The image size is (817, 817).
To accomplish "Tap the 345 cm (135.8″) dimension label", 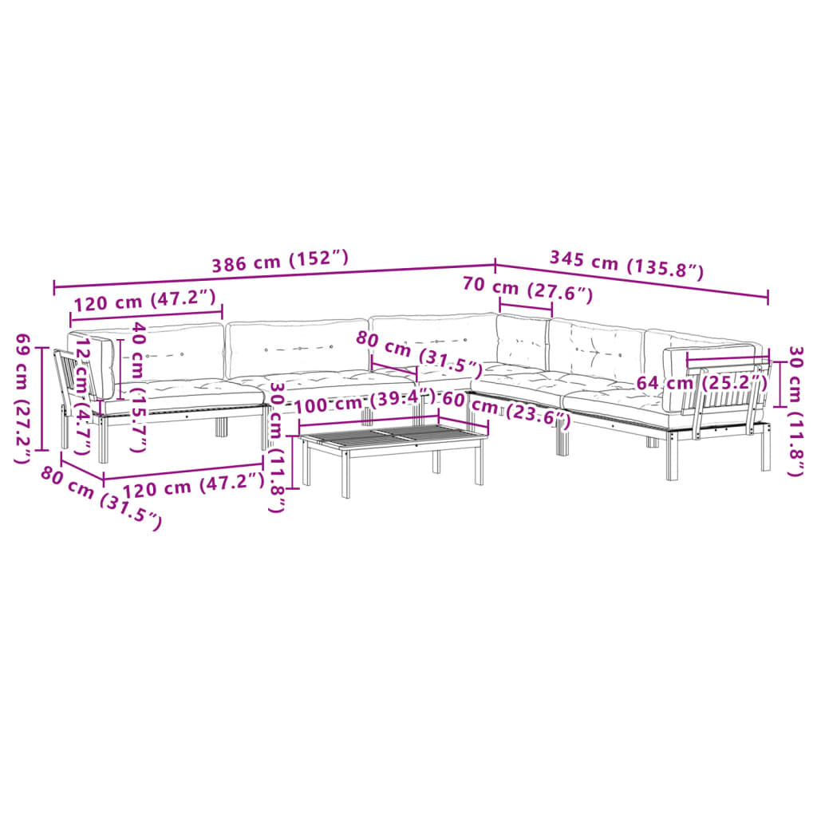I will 626,264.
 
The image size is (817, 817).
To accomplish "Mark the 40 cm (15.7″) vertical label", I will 137,386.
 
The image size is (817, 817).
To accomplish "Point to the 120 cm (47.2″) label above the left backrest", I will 144,301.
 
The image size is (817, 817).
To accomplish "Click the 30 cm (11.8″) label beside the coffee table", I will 277,447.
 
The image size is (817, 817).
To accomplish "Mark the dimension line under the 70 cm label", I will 526,308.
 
